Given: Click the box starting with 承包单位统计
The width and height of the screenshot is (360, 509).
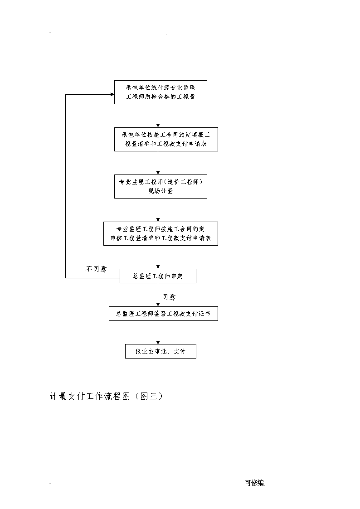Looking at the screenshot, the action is (x=161, y=92).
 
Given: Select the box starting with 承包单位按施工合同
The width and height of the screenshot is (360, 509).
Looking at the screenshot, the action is (x=166, y=139).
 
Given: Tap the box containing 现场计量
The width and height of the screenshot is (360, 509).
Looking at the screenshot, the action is (x=161, y=187).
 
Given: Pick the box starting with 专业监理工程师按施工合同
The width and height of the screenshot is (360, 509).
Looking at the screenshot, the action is (x=161, y=234).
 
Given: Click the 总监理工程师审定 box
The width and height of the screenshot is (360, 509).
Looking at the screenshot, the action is (x=158, y=276).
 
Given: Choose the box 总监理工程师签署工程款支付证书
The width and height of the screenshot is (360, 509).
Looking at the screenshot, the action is (x=163, y=314).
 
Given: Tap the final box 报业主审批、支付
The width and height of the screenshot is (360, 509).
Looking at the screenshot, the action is (x=161, y=351).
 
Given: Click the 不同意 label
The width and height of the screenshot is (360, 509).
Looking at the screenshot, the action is (x=96, y=269).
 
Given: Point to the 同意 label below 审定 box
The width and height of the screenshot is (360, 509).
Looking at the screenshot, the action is (x=169, y=297).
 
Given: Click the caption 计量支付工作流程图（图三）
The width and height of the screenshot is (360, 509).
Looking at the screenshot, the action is (x=106, y=396).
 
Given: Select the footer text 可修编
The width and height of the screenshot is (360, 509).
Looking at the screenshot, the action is (x=255, y=483).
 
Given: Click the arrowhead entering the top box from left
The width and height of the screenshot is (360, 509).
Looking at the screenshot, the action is (x=112, y=94).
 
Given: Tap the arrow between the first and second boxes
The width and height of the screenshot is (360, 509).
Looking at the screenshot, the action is (x=158, y=116).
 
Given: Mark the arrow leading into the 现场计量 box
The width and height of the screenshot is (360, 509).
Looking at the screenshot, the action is (x=158, y=163).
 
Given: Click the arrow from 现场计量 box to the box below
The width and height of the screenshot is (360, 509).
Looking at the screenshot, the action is (x=158, y=210).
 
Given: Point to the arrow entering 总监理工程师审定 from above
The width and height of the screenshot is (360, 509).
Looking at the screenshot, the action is (x=158, y=257).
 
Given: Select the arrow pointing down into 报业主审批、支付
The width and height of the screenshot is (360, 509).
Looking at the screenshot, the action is (x=158, y=332).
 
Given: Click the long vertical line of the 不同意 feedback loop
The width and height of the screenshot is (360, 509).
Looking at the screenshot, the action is (x=66, y=186).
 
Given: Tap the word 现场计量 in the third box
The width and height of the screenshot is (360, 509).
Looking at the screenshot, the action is (x=161, y=191).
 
